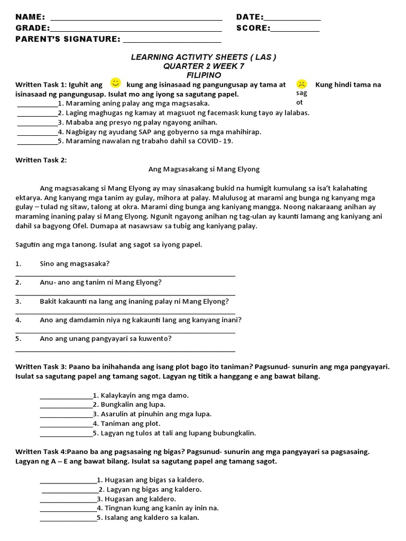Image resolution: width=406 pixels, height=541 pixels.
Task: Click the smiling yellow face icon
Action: pyautogui.click(x=115, y=82)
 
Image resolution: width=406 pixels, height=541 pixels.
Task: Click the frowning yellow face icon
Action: pyautogui.click(x=301, y=83)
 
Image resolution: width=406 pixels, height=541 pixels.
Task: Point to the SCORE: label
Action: pyautogui.click(x=253, y=28)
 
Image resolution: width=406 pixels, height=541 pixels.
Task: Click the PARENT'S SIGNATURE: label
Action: pyautogui.click(x=68, y=39)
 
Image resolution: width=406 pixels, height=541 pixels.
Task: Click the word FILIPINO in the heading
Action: pyautogui.click(x=204, y=75)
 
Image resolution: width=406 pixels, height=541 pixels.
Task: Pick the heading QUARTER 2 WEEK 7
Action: pyautogui.click(x=204, y=66)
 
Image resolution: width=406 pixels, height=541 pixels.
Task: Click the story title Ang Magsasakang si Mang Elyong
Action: pyautogui.click(x=204, y=169)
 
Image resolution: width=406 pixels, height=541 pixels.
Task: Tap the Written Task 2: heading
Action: pyautogui.click(x=41, y=160)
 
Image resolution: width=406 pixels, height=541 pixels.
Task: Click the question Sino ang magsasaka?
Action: pyautogui.click(x=75, y=263)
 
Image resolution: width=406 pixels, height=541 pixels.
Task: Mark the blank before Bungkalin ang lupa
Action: pyautogui.click(x=66, y=405)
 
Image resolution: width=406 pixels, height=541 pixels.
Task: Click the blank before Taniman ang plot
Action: pyautogui.click(x=66, y=424)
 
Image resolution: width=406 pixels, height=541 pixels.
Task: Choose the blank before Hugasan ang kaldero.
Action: pyautogui.click(x=68, y=499)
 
